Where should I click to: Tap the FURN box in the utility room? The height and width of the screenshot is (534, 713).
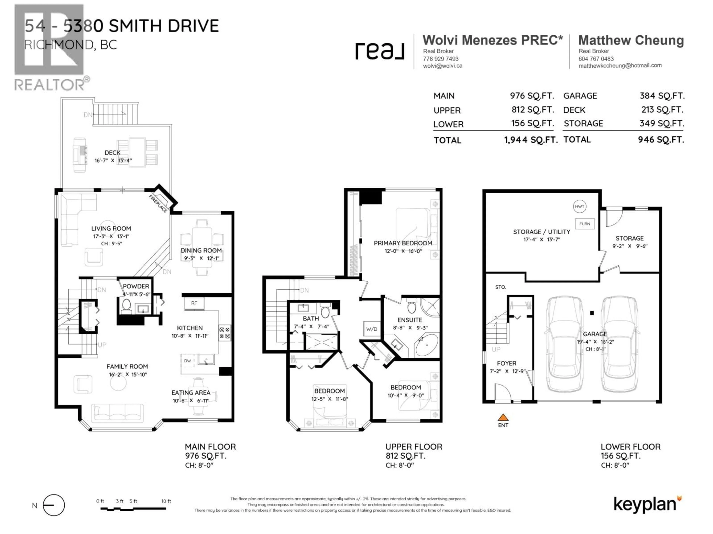pyautogui.click(x=584, y=224)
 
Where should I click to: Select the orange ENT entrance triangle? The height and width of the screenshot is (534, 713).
pyautogui.click(x=503, y=418)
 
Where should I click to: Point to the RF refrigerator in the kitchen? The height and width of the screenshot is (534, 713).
pyautogui.click(x=194, y=303)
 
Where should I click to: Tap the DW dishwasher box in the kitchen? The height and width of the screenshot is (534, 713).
pyautogui.click(x=188, y=361)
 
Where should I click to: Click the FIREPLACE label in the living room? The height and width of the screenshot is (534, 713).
pyautogui.click(x=158, y=203)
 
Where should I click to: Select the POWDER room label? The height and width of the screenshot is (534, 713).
pyautogui.click(x=136, y=286)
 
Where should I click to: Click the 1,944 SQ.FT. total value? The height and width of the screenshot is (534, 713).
pyautogui.click(x=530, y=140)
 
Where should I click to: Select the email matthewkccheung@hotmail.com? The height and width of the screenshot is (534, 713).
pyautogui.click(x=620, y=65)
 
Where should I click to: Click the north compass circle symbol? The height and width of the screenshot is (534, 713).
pyautogui.click(x=54, y=505)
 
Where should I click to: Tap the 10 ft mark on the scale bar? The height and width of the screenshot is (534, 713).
pyautogui.click(x=166, y=501)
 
